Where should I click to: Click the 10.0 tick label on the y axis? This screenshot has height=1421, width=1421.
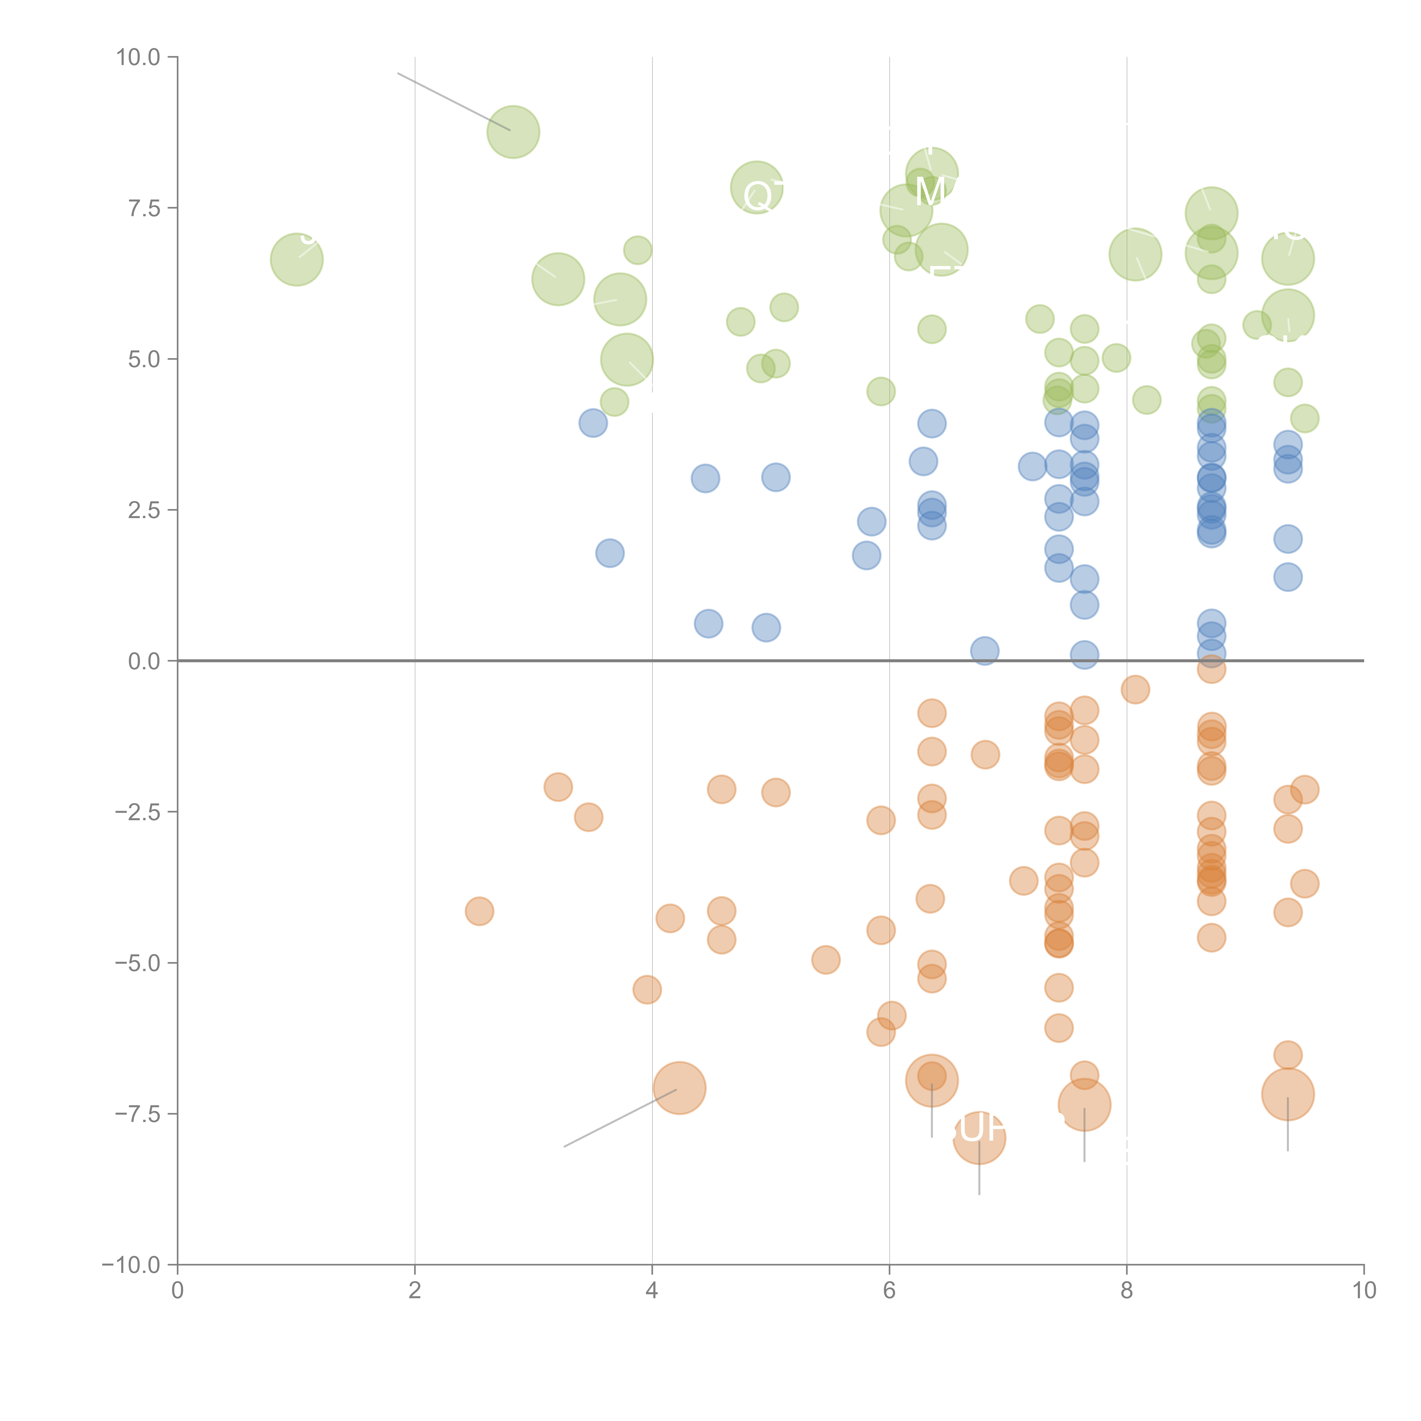point(138,57)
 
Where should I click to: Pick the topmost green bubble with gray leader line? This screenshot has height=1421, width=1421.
point(513,132)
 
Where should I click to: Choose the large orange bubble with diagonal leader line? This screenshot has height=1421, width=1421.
point(680,1088)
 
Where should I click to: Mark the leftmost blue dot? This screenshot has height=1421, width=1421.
point(593,423)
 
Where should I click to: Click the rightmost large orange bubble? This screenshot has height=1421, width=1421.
point(1287,1094)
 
